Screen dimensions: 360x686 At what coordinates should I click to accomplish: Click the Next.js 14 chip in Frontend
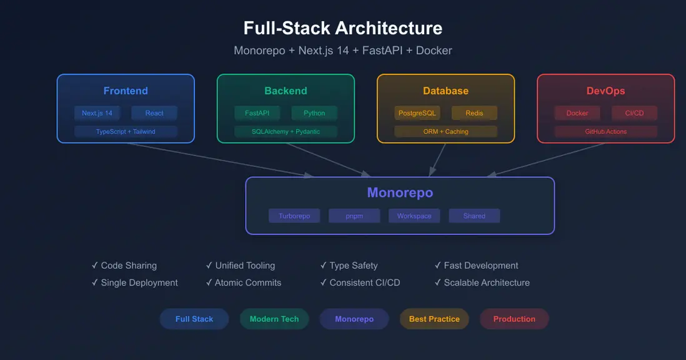97,113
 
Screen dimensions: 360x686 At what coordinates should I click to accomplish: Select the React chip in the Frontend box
154,113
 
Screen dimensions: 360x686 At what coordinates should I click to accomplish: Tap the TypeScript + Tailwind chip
126,131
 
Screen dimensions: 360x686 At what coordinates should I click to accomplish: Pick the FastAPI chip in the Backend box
257,113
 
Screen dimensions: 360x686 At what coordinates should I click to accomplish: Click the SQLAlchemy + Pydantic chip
286,131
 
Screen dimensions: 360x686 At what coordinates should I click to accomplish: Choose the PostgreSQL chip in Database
417,113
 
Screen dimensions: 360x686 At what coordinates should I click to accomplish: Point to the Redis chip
474,113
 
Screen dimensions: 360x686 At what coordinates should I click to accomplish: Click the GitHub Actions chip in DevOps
605,131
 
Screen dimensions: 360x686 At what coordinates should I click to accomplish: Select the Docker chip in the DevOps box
577,113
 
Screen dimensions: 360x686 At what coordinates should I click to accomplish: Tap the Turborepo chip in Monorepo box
294,216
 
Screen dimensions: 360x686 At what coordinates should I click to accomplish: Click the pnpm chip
354,216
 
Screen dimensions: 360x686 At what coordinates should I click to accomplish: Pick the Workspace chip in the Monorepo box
414,216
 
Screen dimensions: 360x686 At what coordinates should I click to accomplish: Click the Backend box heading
286,91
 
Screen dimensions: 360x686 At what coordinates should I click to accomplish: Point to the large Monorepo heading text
400,192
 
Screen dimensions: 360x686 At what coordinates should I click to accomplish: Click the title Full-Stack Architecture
343,28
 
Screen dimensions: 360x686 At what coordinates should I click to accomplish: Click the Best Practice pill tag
434,319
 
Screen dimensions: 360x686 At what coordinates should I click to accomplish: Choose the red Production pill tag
514,319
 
